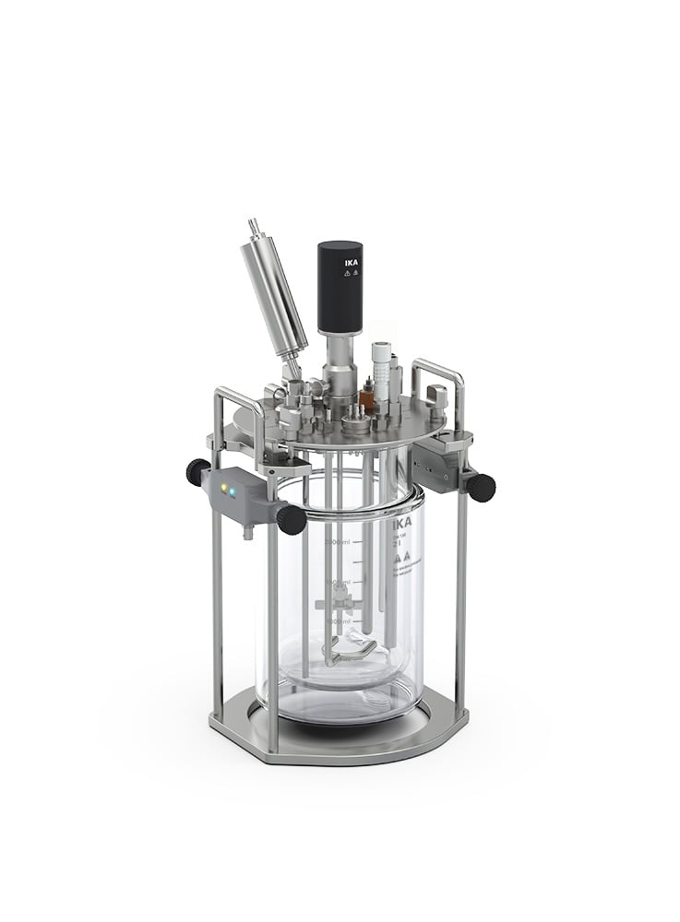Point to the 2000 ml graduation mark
click(x=335, y=543)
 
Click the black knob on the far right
click(x=481, y=486)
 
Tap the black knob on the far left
click(x=197, y=471)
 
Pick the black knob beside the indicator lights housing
click(x=291, y=519)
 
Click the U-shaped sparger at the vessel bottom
click(x=351, y=657)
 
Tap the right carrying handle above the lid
click(x=438, y=372)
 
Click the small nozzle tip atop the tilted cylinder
click(x=253, y=226)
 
